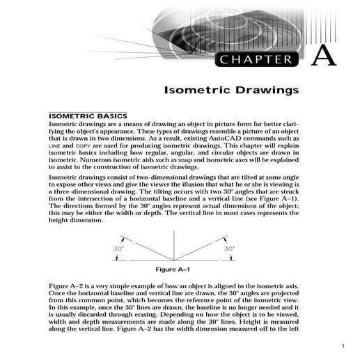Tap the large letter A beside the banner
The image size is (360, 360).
point(323,56)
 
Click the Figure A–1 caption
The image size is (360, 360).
point(174,269)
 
